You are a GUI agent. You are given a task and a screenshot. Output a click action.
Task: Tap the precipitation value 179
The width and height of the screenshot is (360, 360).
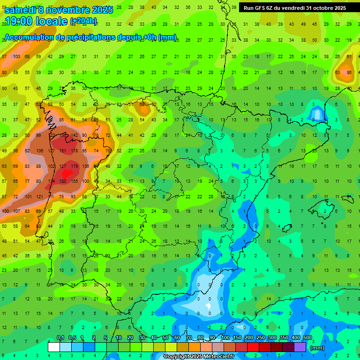pyautogui.click(x=74, y=166)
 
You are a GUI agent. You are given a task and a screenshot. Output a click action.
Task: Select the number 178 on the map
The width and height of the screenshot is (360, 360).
pyautogui.click(x=74, y=151)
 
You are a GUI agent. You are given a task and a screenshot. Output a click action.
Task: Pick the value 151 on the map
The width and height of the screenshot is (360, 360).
pyautogui.click(x=62, y=151)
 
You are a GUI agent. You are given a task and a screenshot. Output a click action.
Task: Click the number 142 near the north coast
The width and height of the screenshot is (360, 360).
pyautogui.click(x=74, y=135)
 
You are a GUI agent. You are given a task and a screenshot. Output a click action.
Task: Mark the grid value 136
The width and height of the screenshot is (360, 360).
pyautogui.click(x=86, y=166)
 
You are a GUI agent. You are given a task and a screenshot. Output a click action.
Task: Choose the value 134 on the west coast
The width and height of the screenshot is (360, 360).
pyautogui.click(x=51, y=181)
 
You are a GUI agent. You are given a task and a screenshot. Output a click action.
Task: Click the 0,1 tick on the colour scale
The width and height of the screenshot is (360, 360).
pyautogui.click(x=60, y=338)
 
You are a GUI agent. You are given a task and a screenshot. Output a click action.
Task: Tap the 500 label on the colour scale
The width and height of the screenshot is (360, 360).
pyautogui.click(x=307, y=338)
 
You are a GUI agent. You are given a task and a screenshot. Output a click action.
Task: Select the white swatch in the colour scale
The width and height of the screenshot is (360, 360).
pyautogui.click(x=54, y=347)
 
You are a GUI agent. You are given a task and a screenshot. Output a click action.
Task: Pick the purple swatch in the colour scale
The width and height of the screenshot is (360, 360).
pyautogui.click(x=300, y=347)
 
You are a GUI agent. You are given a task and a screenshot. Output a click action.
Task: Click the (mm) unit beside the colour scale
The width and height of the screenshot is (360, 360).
pyautogui.click(x=317, y=348)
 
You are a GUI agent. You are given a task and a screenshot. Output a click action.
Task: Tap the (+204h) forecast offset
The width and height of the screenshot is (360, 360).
pyautogui.click(x=83, y=21)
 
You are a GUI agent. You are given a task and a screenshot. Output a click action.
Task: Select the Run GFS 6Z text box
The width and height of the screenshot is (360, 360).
pyautogui.click(x=294, y=7)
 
